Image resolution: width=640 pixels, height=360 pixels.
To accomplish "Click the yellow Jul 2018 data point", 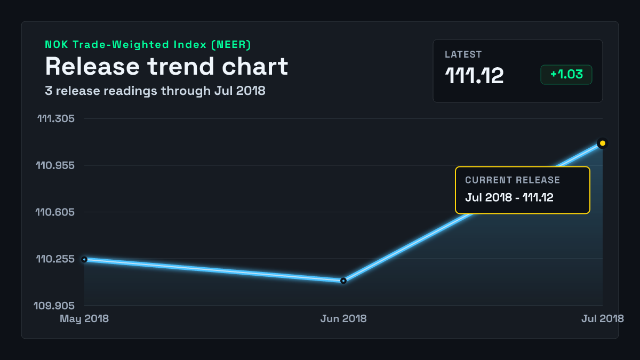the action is tap(602, 143).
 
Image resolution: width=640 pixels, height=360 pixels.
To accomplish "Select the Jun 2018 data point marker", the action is tap(343, 281).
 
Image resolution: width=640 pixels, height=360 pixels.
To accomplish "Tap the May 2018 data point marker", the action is tap(84, 259).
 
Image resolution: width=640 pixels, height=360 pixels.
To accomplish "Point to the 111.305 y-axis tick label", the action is tap(56, 118).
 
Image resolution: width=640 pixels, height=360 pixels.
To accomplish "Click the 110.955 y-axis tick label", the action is tap(55, 165).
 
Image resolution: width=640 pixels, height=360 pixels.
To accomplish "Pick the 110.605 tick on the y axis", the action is tap(55, 212).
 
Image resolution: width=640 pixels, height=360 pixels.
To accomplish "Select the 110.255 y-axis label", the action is tap(55, 259).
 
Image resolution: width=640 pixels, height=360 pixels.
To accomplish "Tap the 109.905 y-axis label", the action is tap(54, 306).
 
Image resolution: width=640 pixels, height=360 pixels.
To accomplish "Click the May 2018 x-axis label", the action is tap(84, 318).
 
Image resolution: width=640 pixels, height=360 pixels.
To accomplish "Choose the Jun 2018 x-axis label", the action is tap(343, 318).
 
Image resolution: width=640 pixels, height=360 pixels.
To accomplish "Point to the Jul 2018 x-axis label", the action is tap(603, 318).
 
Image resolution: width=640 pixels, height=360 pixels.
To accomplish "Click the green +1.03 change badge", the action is tap(566, 75).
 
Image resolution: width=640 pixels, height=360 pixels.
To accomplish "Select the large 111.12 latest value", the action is tap(474, 76).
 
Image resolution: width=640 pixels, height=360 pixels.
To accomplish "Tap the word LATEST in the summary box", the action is tap(463, 54).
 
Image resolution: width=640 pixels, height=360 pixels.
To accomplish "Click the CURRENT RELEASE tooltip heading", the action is tap(513, 180).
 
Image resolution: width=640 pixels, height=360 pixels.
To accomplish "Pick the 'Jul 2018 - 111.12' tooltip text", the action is tap(509, 197).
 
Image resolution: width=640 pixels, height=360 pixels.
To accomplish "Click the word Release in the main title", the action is tap(92, 67).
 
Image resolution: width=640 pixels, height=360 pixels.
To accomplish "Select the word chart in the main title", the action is tap(255, 67).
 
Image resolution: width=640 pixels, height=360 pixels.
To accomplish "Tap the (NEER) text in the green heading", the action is tap(231, 45).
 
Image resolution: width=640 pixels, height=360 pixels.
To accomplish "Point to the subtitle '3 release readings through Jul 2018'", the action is tap(155, 91).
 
